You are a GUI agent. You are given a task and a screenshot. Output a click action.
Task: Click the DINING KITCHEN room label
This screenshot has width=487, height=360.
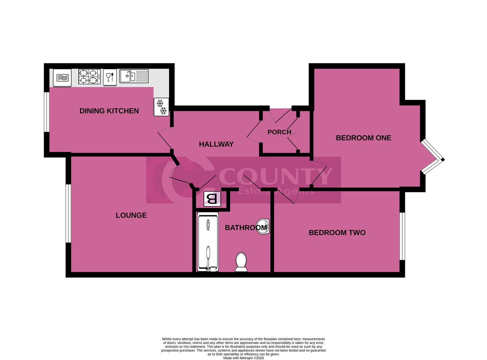(x=109, y=111)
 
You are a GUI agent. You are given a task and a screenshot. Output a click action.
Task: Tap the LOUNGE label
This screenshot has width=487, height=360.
(x=131, y=215)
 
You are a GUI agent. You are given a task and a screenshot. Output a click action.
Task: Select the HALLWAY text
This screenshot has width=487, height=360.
(x=216, y=144)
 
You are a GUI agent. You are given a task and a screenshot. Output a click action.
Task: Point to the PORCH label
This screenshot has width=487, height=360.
(x=279, y=132)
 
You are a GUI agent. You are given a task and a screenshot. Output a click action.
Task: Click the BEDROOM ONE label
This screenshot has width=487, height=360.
(x=363, y=138)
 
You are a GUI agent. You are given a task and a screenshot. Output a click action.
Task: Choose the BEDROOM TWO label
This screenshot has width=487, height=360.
(x=337, y=233)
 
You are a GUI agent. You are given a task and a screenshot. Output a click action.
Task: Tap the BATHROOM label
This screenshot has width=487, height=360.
(x=246, y=228)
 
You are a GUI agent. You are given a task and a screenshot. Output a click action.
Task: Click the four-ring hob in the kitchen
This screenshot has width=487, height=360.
(x=89, y=76)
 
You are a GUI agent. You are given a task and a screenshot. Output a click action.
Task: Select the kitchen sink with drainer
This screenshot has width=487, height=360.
(x=134, y=76)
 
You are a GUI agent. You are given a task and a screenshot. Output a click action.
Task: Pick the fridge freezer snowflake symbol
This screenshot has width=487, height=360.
(x=161, y=107)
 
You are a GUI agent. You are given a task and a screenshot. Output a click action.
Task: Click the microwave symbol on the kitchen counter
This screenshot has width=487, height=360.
(x=62, y=78)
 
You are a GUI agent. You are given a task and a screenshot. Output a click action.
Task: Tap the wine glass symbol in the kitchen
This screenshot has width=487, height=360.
(x=110, y=77)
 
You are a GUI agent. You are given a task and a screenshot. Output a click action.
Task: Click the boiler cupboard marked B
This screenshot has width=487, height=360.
(x=212, y=199)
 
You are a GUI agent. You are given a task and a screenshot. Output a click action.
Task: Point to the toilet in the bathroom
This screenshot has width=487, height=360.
(x=241, y=262)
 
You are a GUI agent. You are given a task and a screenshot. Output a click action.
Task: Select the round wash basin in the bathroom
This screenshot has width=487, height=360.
(x=263, y=227)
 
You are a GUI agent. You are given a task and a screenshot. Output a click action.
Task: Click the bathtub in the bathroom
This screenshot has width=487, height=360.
(x=208, y=243)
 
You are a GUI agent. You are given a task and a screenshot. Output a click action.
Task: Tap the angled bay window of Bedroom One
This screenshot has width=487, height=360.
(x=433, y=157)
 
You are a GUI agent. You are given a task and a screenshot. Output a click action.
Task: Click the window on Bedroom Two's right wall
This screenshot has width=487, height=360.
(x=402, y=236)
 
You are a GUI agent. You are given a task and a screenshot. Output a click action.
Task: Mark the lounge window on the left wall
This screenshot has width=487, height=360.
(x=68, y=213)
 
